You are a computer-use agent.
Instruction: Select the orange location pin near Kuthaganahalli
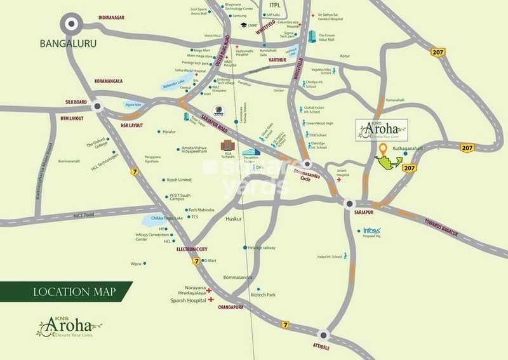(x=382, y=150)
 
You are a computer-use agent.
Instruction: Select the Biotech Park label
(x=263, y=295)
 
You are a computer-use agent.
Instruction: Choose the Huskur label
(x=234, y=218)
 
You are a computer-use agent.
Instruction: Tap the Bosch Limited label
(x=180, y=180)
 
